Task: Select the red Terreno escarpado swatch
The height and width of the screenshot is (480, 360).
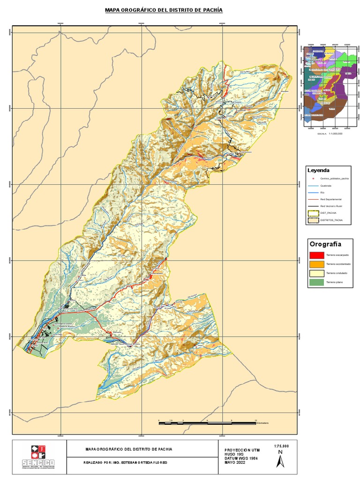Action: (x=315, y=255)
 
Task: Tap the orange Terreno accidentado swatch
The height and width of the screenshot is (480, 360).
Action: (x=315, y=264)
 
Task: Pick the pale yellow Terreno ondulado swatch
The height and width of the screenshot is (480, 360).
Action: (x=315, y=273)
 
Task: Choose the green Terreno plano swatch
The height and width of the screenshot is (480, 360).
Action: (x=315, y=282)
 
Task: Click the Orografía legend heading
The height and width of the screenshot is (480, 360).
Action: (x=325, y=244)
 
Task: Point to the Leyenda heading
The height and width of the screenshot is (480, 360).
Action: (x=318, y=170)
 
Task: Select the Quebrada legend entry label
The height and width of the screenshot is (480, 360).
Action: (x=326, y=185)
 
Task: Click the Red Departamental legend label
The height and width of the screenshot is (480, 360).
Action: (x=330, y=199)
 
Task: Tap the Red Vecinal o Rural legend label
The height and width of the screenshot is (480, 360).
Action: (x=331, y=206)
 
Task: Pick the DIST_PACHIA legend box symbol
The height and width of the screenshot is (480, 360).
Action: (x=313, y=212)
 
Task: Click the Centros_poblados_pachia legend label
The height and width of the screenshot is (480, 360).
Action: (x=334, y=179)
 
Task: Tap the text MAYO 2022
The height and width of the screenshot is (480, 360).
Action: (x=235, y=463)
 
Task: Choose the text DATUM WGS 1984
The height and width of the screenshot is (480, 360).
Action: (x=241, y=458)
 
